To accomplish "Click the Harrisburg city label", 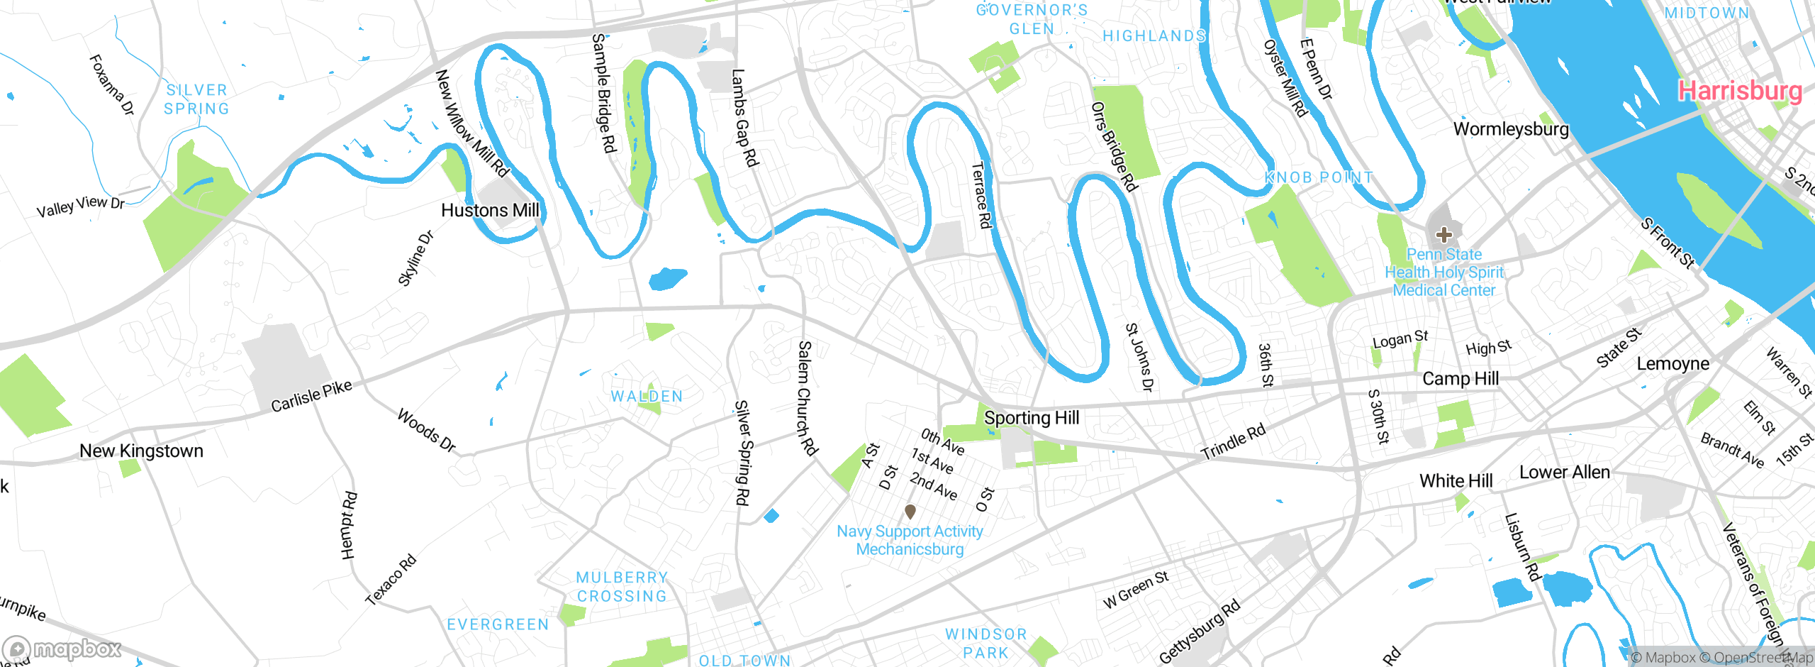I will [x=1739, y=91].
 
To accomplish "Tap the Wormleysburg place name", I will [x=1510, y=129].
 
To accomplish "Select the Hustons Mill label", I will [x=490, y=210].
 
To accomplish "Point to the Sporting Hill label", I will [x=1031, y=418].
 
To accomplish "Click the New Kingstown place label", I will [x=141, y=451].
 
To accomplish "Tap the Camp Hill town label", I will [x=1460, y=378].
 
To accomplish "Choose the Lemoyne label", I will [x=1672, y=363].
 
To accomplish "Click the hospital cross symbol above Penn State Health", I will [x=1443, y=234].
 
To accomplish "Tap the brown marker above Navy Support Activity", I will [x=910, y=511].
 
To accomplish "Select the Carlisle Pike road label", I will [x=311, y=396].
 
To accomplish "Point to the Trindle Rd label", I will [x=1233, y=442].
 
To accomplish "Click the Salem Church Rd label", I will [x=807, y=397].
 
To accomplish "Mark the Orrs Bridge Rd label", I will [x=1114, y=147].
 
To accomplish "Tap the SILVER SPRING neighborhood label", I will [x=196, y=99].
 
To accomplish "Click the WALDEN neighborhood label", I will [x=647, y=396].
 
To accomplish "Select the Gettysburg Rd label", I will [x=1199, y=631].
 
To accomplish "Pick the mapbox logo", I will [x=62, y=649].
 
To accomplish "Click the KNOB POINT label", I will [x=1319, y=177].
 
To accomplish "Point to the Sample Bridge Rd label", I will [x=604, y=93].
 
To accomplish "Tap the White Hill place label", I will [x=1456, y=480].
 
